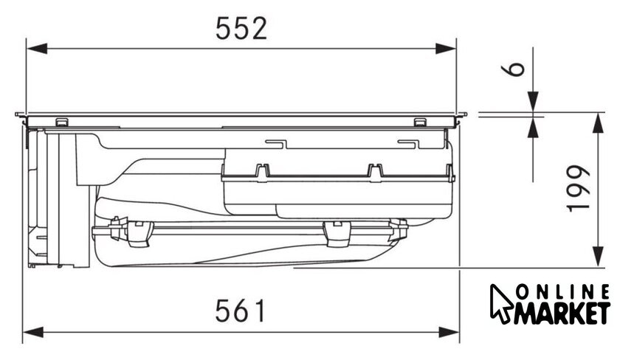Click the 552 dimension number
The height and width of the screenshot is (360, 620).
241,28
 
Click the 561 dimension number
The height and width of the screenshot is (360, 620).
240,311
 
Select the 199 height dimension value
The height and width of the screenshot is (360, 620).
579,189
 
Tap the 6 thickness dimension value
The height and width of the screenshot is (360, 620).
513,69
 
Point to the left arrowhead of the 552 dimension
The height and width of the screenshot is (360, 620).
37,49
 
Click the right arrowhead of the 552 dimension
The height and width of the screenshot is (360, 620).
446,49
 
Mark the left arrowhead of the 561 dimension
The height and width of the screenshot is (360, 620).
33,332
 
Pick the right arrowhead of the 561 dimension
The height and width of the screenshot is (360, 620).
449,332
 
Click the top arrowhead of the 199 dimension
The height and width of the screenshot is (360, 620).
598,123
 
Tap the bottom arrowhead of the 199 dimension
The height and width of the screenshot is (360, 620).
598,257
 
